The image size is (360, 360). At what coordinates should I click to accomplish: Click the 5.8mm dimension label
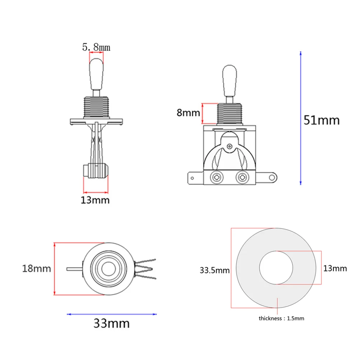(96, 47)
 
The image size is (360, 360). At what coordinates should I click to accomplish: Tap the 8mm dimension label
(188, 113)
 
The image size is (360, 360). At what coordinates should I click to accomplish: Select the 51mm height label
(322, 120)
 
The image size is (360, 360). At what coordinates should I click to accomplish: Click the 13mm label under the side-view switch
(95, 200)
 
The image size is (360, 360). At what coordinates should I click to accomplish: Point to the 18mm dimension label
(36, 268)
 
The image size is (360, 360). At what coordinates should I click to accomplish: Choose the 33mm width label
(112, 323)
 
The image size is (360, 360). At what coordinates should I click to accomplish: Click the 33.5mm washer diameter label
(214, 270)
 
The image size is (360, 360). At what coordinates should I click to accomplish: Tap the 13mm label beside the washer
(335, 268)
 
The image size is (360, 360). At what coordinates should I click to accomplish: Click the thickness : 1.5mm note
(281, 318)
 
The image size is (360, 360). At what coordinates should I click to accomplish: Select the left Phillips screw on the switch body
(217, 177)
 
